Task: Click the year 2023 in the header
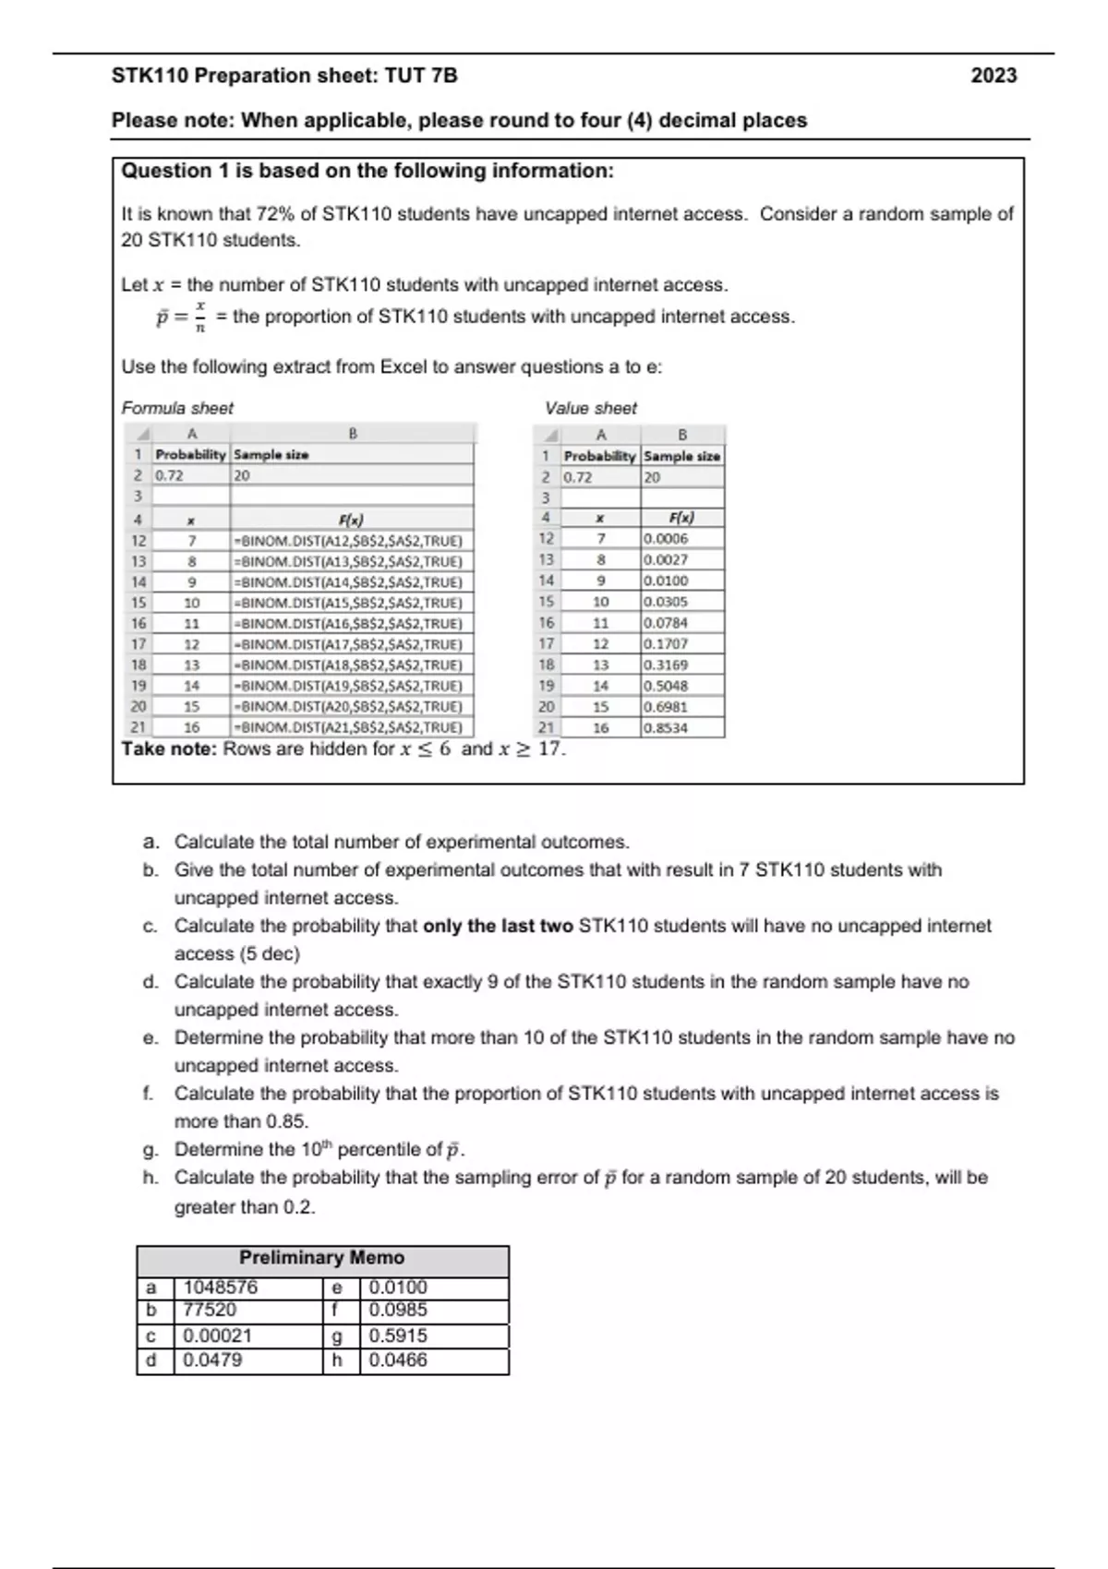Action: [994, 76]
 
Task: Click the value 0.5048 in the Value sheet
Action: [666, 686]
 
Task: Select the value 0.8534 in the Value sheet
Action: [666, 727]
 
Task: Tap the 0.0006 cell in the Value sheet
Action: [666, 538]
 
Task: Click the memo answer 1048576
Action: [221, 1288]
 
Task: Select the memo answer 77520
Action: [210, 1310]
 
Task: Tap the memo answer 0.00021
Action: [217, 1335]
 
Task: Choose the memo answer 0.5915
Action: [398, 1335]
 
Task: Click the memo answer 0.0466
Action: [398, 1359]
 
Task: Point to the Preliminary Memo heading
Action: [321, 1258]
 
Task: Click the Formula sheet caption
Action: [177, 408]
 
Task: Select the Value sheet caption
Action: [591, 408]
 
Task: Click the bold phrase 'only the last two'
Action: [498, 926]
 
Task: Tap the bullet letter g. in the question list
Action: [151, 1150]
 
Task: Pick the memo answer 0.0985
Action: [398, 1310]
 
